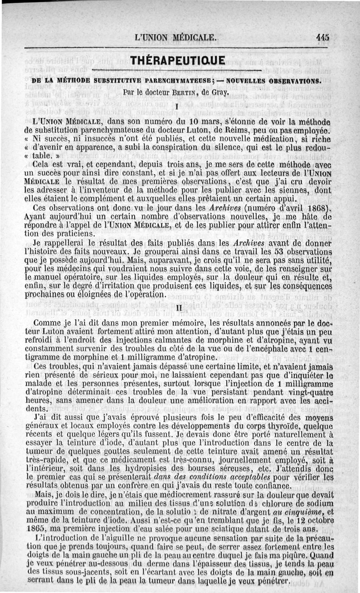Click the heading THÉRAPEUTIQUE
(176, 60)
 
